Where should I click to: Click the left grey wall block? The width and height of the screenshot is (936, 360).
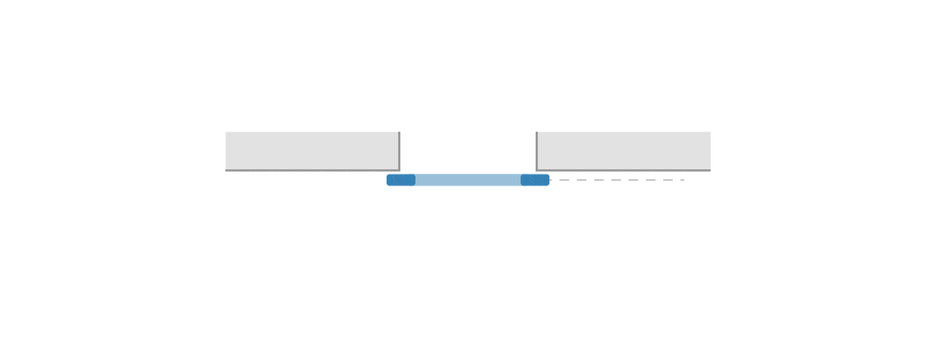(x=312, y=150)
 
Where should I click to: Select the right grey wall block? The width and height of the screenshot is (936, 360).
(x=624, y=150)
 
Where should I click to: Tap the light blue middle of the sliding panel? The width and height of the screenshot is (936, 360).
(x=468, y=180)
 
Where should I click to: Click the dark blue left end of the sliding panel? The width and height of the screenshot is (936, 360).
(x=402, y=180)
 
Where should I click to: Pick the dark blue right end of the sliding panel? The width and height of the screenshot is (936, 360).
(x=534, y=180)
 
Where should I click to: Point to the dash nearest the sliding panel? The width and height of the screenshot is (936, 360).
(x=564, y=180)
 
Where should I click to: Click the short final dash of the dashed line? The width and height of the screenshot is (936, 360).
(x=683, y=180)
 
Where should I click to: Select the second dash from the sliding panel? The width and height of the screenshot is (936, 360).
(x=582, y=180)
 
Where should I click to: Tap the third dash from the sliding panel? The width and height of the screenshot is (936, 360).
(x=599, y=180)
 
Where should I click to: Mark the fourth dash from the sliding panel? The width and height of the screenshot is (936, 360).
(x=616, y=180)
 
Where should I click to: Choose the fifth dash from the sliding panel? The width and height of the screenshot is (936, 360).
(x=634, y=180)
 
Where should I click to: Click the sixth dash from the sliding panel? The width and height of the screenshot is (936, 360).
(x=651, y=180)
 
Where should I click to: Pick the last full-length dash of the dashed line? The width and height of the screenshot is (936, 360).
(x=668, y=180)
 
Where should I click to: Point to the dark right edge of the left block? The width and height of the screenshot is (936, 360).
(x=400, y=150)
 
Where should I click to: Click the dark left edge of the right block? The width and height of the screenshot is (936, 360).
(x=536, y=150)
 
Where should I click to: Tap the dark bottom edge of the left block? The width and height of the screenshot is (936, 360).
(x=312, y=171)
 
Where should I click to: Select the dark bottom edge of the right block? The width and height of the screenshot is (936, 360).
(x=624, y=171)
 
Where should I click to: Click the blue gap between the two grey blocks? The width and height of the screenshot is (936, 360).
(x=468, y=150)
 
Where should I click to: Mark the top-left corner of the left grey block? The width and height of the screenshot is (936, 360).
(x=226, y=132)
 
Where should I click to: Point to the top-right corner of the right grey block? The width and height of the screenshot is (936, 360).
(x=709, y=132)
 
